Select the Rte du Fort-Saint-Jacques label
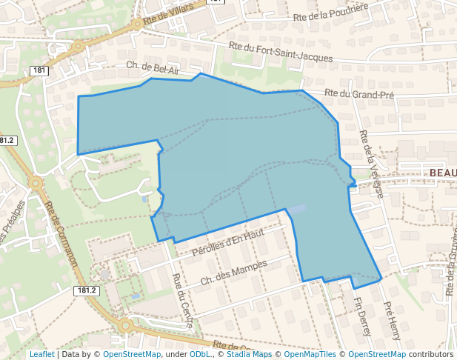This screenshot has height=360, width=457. tap(281, 51)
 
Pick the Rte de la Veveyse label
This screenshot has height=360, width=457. tap(370, 164)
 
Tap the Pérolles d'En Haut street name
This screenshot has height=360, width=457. tap(228, 244)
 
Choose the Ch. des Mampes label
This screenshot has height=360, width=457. tap(234, 273)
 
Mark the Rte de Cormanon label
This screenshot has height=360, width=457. tap(61, 235)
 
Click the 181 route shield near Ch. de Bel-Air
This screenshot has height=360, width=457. tap(40, 70)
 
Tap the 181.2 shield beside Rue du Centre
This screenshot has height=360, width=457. tap(87, 291)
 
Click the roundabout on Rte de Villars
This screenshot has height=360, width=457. tap(138, 24)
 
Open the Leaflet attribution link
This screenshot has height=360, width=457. tap(41, 354)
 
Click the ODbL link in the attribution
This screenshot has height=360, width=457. tap(200, 354)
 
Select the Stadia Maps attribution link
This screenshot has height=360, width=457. tap(248, 354)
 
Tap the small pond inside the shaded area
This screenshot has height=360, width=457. tap(296, 210)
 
